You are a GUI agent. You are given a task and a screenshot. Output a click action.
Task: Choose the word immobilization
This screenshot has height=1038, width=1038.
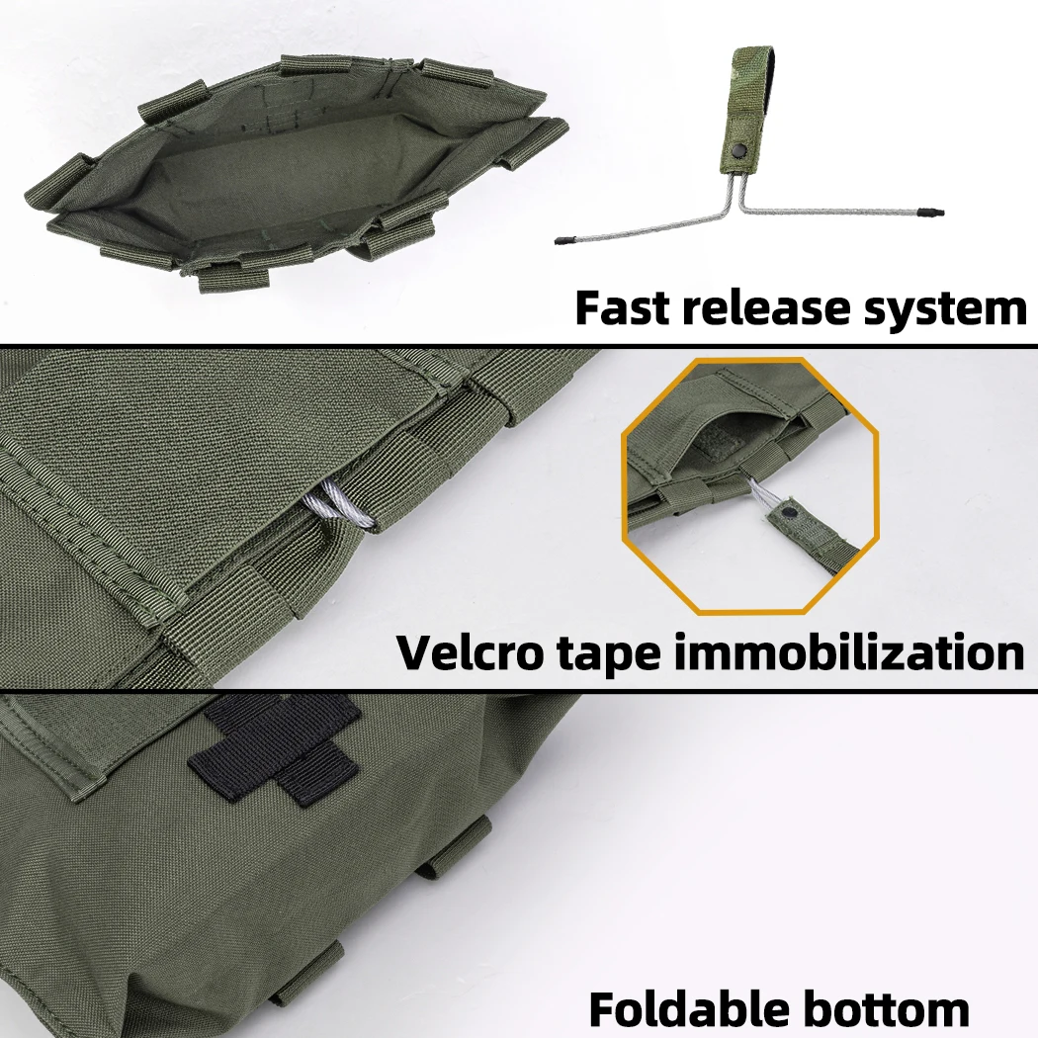(x=849, y=652)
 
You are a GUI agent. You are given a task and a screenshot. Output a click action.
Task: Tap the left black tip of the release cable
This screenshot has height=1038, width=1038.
(x=564, y=239)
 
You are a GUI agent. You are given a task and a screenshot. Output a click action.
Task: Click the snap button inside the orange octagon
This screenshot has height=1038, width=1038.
(x=789, y=512)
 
